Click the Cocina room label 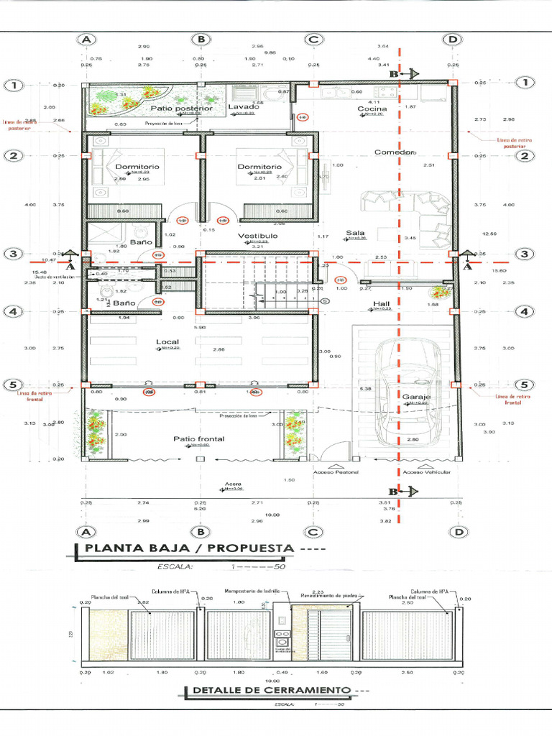click(372, 109)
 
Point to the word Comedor click(395, 152)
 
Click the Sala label click(355, 233)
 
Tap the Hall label click(381, 304)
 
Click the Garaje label click(415, 397)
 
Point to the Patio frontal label click(198, 438)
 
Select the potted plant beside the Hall click(438, 292)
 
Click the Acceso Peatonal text click(335, 472)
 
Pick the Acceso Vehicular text click(427, 472)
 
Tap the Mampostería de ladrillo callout click(257, 591)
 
